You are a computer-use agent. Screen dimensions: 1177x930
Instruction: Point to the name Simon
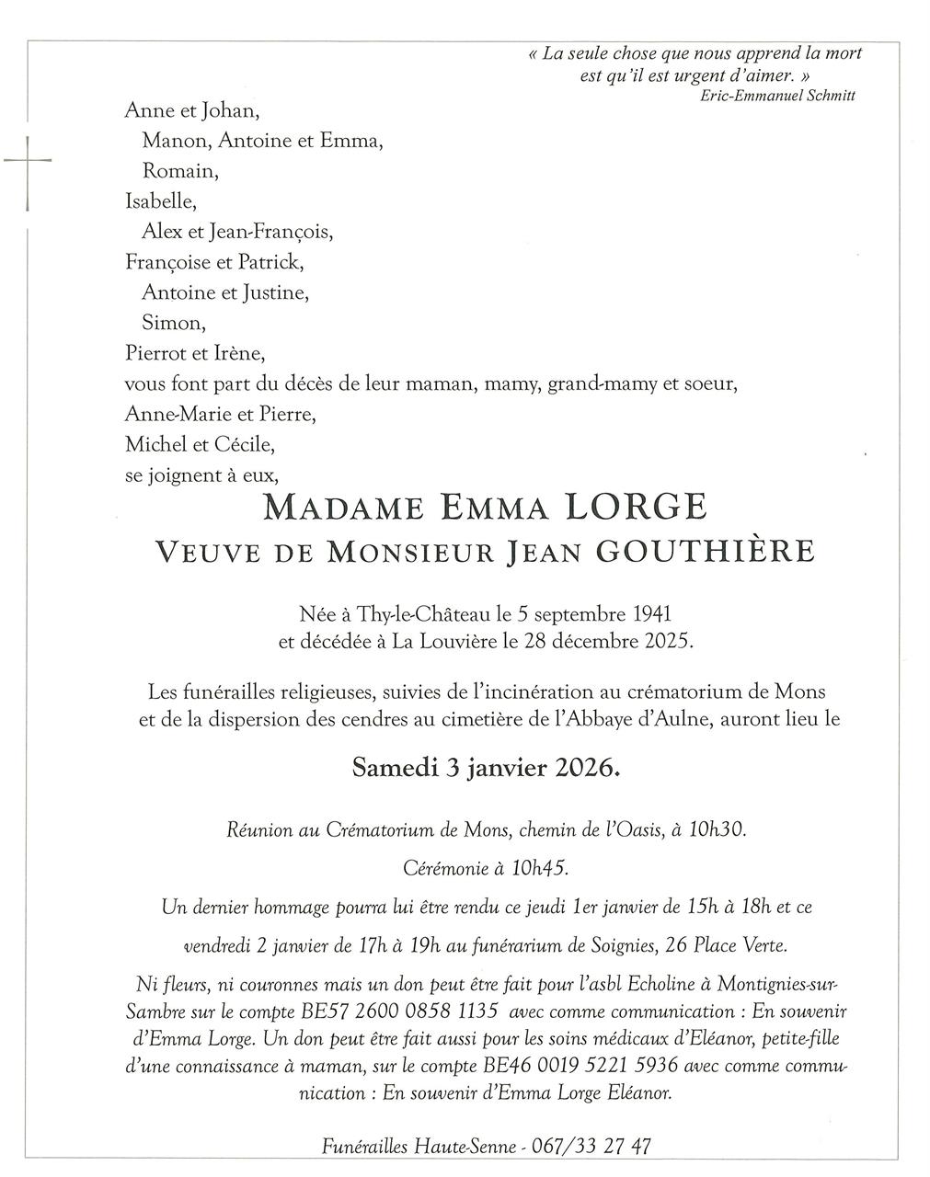pyautogui.click(x=173, y=323)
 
